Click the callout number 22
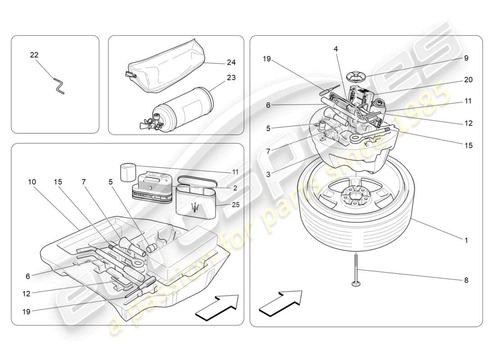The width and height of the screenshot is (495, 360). click(34, 55)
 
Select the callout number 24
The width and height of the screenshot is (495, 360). click(231, 63)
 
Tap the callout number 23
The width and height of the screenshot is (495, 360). click(231, 77)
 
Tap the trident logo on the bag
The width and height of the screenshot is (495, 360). click(195, 207)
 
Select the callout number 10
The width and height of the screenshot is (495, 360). click(31, 182)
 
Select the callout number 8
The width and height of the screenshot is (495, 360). click(466, 280)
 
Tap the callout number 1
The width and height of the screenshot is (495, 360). click(466, 241)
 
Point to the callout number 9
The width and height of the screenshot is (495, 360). click(466, 58)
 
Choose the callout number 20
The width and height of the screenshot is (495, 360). click(468, 80)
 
